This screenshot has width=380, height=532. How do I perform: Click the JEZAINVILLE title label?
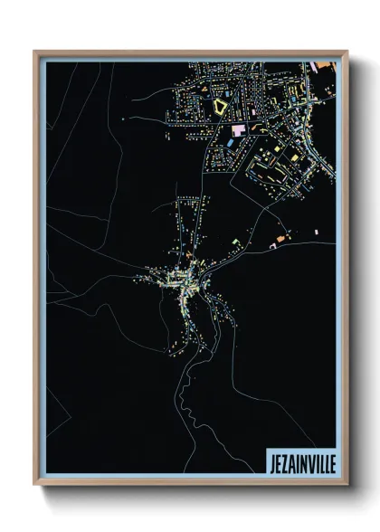[300, 462]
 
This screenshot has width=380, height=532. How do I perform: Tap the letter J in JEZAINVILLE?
[271, 462]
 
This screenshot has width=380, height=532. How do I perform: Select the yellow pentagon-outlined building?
[221, 106]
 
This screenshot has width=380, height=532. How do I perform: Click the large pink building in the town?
[238, 131]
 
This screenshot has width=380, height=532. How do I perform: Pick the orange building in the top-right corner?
[321, 65]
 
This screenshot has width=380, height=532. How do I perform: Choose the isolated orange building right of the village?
[280, 238]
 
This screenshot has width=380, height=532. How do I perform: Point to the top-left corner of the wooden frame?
[34, 52]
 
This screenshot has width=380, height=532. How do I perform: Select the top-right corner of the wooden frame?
[347, 52]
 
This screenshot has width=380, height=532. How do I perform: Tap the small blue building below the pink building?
[229, 144]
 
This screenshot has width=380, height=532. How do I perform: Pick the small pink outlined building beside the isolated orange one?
[272, 244]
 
